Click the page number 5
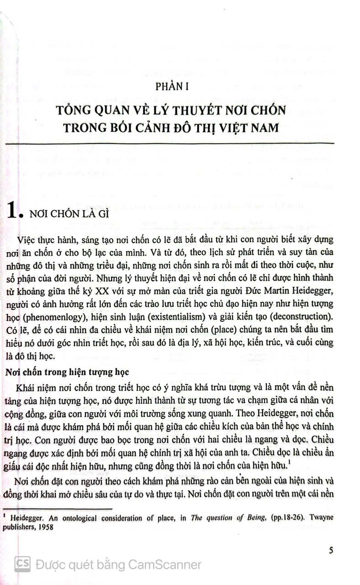pyautogui.click(x=331, y=550)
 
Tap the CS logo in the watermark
pyautogui.click(x=22, y=564)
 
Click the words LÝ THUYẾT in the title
pyautogui.click(x=157, y=110)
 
